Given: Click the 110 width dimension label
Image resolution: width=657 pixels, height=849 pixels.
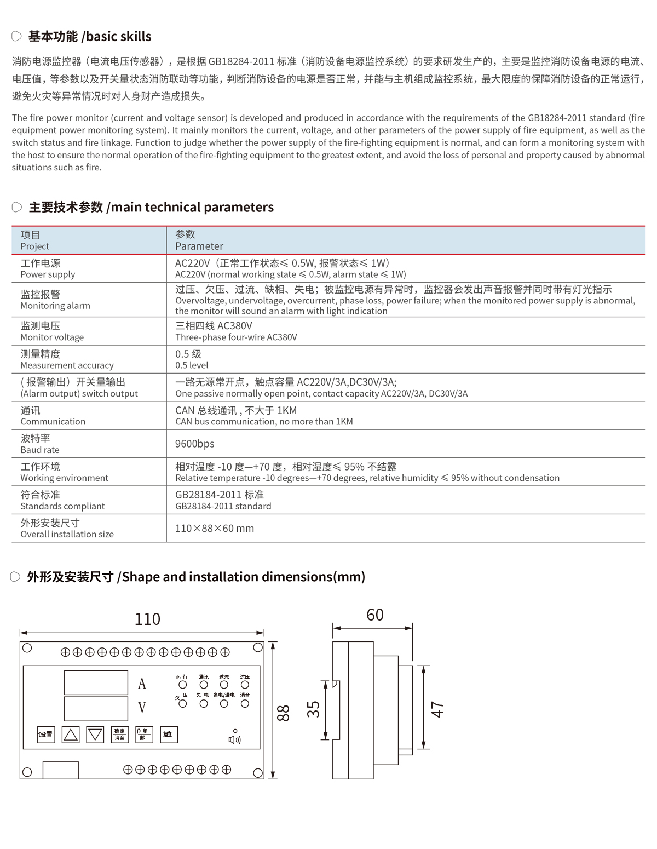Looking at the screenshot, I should point(147,619).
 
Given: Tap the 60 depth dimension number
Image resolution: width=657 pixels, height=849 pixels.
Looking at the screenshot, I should point(375,615).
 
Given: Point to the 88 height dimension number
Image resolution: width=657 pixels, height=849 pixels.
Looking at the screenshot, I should point(283,713).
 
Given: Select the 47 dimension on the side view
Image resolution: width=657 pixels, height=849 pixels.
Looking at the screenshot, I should point(437,709).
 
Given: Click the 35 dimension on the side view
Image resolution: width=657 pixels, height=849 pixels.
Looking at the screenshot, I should point(313,709).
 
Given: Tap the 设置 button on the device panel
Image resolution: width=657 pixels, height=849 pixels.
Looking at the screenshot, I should point(46,735).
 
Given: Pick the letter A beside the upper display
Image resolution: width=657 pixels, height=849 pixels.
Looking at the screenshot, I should point(142,684).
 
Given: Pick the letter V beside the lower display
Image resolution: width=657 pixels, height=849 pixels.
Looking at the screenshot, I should point(142,708).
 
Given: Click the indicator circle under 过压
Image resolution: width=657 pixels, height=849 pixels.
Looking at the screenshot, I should point(245,685).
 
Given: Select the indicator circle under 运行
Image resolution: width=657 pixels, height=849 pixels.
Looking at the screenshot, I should point(183,685).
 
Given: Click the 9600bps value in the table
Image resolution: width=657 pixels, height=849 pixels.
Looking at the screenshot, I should point(194,444).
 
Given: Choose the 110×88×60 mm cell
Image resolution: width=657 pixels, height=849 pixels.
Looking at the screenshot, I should point(215,529).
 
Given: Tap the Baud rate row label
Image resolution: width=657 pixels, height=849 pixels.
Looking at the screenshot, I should point(40,450).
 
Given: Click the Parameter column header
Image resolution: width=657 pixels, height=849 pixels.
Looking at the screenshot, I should point(199,246).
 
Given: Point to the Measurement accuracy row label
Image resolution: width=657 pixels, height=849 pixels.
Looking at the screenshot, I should point(67,365).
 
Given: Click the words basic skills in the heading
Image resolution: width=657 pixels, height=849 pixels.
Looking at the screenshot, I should point(118,37).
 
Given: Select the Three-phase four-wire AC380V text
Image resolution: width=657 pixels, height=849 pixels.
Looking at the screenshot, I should point(236,337).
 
